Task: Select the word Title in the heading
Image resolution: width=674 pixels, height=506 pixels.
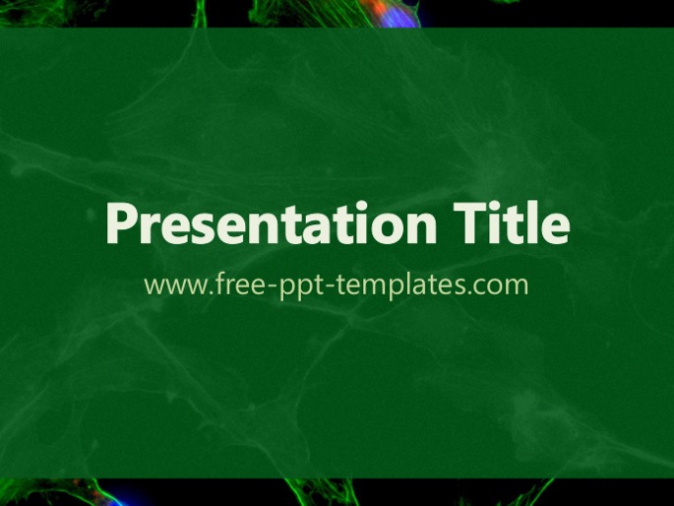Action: tap(512, 222)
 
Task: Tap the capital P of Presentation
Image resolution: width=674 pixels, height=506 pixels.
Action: tap(123, 224)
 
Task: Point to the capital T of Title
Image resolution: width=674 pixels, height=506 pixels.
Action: tap(471, 224)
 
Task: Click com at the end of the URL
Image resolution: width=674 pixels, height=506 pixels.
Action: tap(501, 286)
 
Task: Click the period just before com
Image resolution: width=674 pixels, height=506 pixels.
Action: tap(469, 292)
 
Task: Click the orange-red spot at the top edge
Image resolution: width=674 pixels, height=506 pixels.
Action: tap(373, 7)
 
